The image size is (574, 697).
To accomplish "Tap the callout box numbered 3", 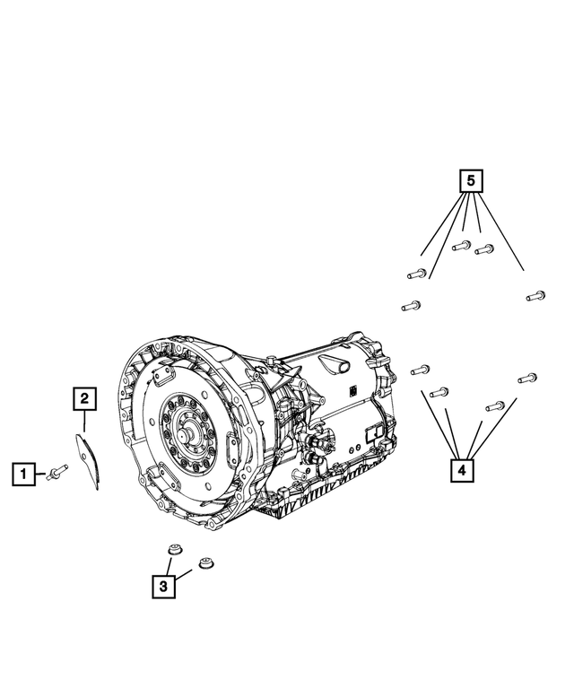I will (x=162, y=587).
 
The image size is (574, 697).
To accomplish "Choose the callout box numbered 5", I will (x=471, y=181).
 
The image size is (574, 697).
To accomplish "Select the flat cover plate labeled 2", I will (x=87, y=459).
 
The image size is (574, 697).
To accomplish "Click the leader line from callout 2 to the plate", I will (x=83, y=422).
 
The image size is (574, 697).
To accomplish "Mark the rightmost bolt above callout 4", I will (x=527, y=379).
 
